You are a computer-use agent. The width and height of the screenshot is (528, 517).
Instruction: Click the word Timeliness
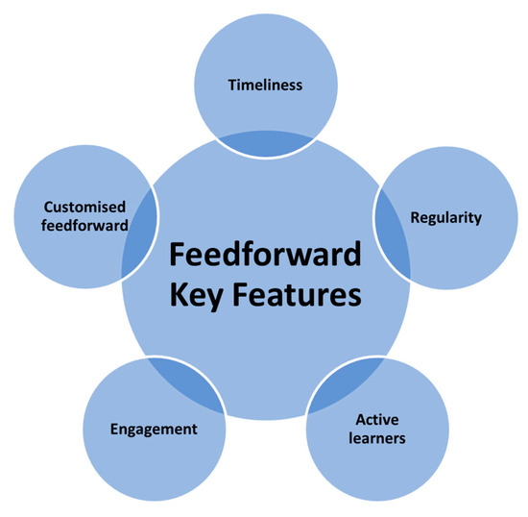(x=265, y=85)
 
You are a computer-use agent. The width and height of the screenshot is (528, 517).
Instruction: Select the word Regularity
(x=445, y=217)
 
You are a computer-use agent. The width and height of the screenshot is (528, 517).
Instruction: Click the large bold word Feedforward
(x=266, y=257)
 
